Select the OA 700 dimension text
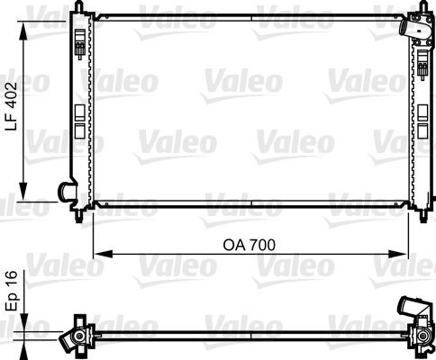248,245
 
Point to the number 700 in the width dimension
261,245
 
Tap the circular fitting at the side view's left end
77,338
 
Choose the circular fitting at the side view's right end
420,338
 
